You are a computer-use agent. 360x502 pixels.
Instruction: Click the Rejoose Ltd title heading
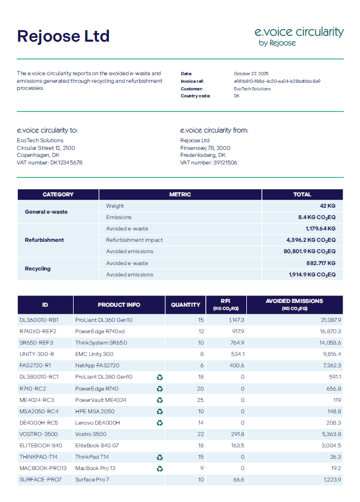[63, 36]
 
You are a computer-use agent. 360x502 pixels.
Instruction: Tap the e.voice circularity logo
[299, 36]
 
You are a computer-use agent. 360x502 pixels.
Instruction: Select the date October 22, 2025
[251, 74]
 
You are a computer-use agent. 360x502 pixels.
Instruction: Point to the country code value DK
[237, 96]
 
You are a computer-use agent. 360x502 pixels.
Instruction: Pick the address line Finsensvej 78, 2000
[205, 148]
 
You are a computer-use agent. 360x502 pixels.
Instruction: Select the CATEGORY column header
[58, 194]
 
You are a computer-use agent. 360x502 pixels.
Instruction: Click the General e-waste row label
[46, 212]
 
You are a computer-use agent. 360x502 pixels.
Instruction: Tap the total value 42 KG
[328, 206]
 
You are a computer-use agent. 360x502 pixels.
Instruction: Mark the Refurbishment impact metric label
[134, 240]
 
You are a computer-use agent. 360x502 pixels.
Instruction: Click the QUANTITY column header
[186, 305]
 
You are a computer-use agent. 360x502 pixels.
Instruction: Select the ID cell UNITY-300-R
[37, 354]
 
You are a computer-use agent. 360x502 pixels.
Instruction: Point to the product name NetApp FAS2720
[97, 365]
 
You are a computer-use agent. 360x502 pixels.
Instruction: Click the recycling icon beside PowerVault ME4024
[160, 400]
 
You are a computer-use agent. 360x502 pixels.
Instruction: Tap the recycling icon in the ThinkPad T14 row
[160, 457]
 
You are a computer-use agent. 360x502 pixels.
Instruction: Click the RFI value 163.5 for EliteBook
[238, 445]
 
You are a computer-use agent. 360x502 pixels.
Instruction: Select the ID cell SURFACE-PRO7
[41, 479]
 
